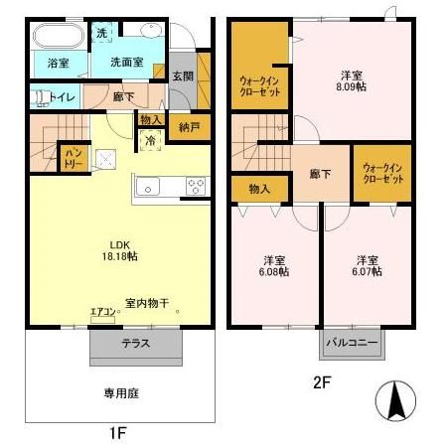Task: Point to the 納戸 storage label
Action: [x=188, y=128]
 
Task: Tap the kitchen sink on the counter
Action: [x=145, y=186]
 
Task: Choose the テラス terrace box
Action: [x=136, y=346]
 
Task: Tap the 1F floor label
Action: [x=117, y=433]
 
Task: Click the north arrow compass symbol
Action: [x=400, y=399]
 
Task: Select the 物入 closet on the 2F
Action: [x=258, y=188]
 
